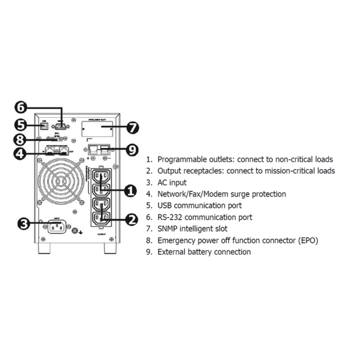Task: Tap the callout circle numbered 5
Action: (x=21, y=125)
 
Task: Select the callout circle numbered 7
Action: (x=132, y=128)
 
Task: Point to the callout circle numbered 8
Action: (x=21, y=139)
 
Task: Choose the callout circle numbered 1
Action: (x=130, y=191)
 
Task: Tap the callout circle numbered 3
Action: (x=24, y=223)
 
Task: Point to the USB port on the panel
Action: (x=44, y=126)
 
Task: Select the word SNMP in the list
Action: (x=167, y=229)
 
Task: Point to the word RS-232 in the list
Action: (x=170, y=217)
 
